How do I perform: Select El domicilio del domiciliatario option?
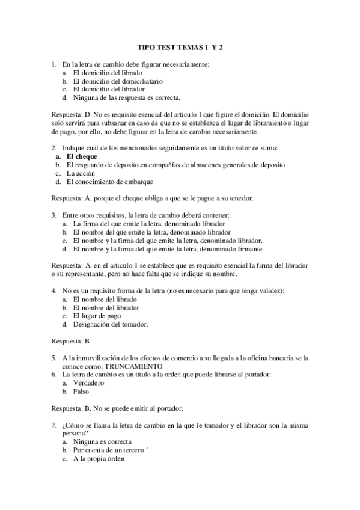pyautogui.click(x=118, y=80)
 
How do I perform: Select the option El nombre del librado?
pyautogui.click(x=105, y=299)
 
